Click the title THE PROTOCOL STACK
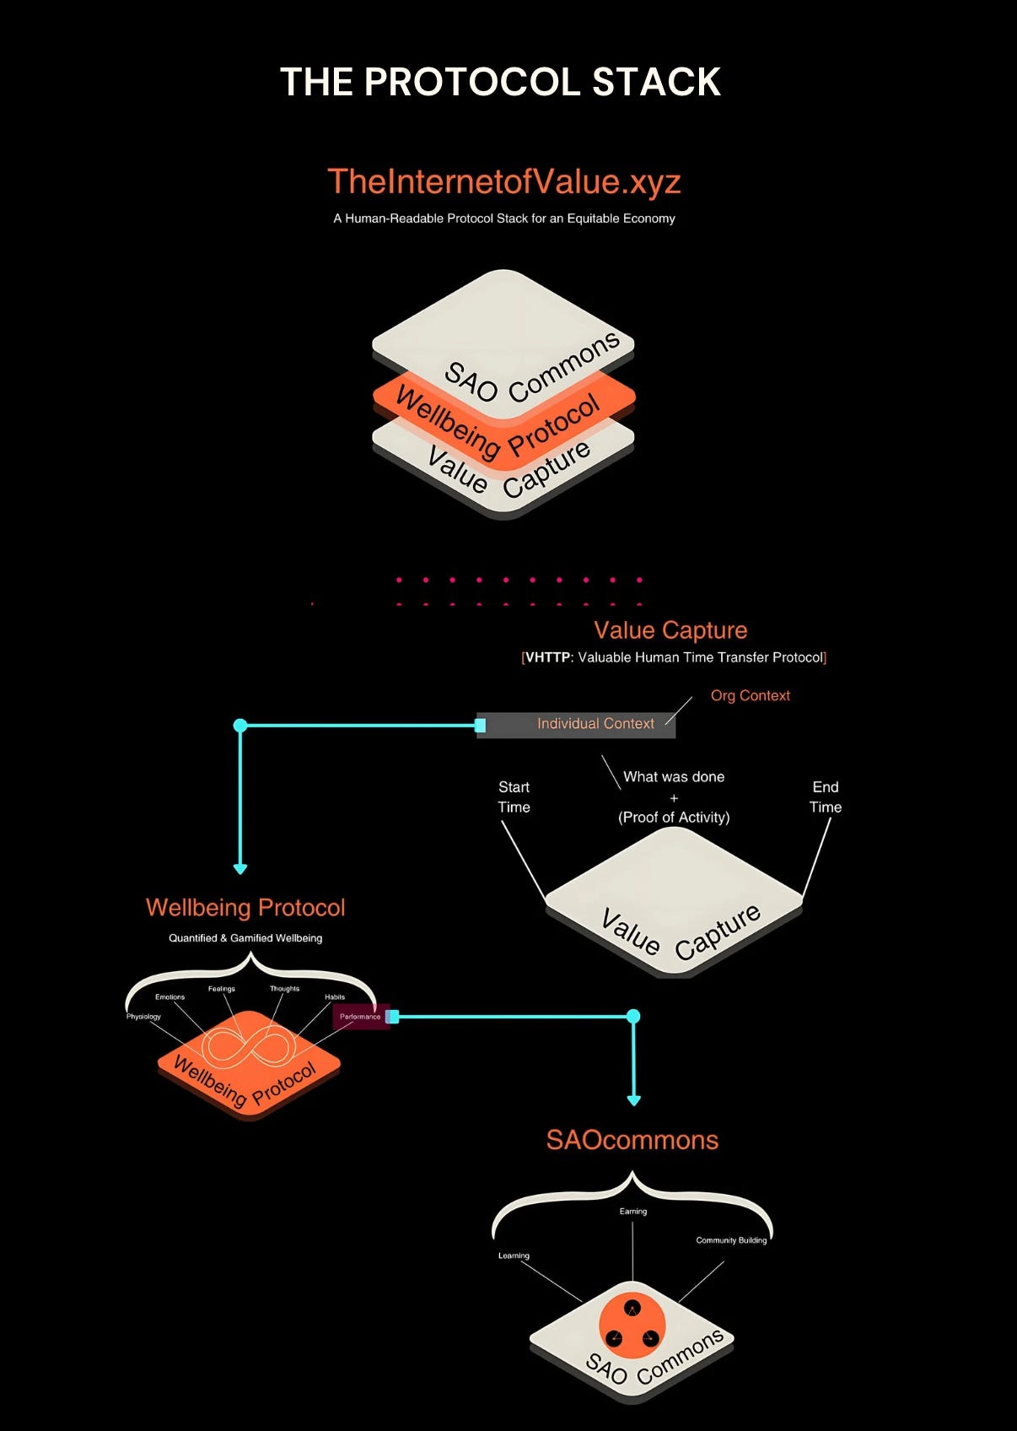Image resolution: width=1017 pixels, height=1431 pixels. pyautogui.click(x=500, y=82)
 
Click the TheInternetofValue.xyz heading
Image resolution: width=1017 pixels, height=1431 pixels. pyautogui.click(x=503, y=181)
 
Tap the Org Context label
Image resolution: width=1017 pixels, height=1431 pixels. pyautogui.click(x=750, y=695)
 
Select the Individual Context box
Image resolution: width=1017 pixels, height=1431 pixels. pyautogui.click(x=577, y=724)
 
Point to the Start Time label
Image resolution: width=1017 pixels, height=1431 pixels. pyautogui.click(x=514, y=796)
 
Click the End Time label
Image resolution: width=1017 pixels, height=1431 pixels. pyautogui.click(x=825, y=796)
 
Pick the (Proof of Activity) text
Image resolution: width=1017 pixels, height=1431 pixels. pyautogui.click(x=673, y=817)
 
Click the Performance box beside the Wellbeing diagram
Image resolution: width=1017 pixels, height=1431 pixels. pyautogui.click(x=360, y=1017)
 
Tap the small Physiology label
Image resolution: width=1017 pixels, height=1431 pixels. pyautogui.click(x=143, y=1017)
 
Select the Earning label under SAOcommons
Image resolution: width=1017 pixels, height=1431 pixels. pyautogui.click(x=632, y=1212)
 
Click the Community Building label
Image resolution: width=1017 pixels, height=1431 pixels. pyautogui.click(x=731, y=1240)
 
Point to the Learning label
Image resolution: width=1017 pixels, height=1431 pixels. pyautogui.click(x=514, y=1255)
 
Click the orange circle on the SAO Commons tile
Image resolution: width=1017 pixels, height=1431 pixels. pyautogui.click(x=632, y=1325)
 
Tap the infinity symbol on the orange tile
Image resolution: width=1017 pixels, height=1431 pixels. pyautogui.click(x=249, y=1046)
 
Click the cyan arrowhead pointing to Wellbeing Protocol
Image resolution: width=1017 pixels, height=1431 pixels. pyautogui.click(x=240, y=868)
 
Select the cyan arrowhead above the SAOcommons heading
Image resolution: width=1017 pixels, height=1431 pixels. pyautogui.click(x=634, y=1099)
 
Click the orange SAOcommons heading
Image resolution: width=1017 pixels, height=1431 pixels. pyautogui.click(x=632, y=1140)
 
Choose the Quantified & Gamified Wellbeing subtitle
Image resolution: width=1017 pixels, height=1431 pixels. pyautogui.click(x=245, y=938)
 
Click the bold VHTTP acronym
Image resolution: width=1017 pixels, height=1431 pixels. pyautogui.click(x=548, y=657)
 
